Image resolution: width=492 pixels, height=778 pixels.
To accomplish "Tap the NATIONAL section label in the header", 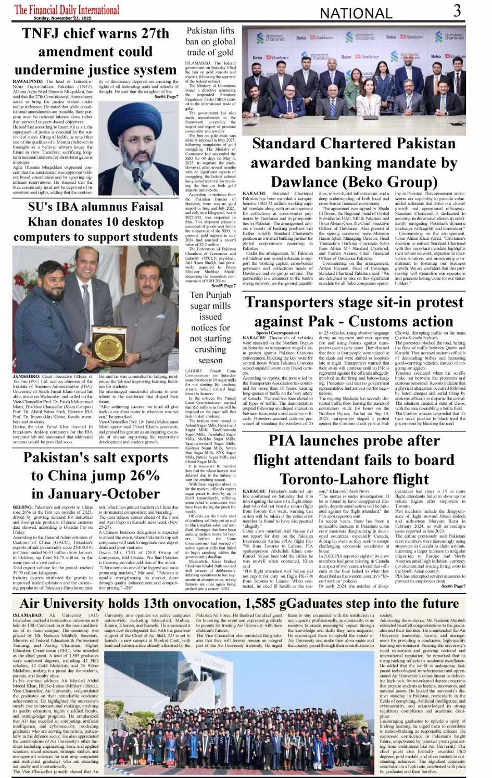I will click(356, 13).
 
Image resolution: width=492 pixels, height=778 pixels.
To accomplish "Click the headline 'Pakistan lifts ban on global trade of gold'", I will click(210, 42).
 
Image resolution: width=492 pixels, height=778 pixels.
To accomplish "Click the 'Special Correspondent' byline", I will click(277, 333).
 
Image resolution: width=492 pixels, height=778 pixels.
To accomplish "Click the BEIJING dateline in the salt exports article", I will click(24, 507).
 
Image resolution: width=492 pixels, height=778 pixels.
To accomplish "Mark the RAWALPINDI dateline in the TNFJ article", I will click(30, 82).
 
